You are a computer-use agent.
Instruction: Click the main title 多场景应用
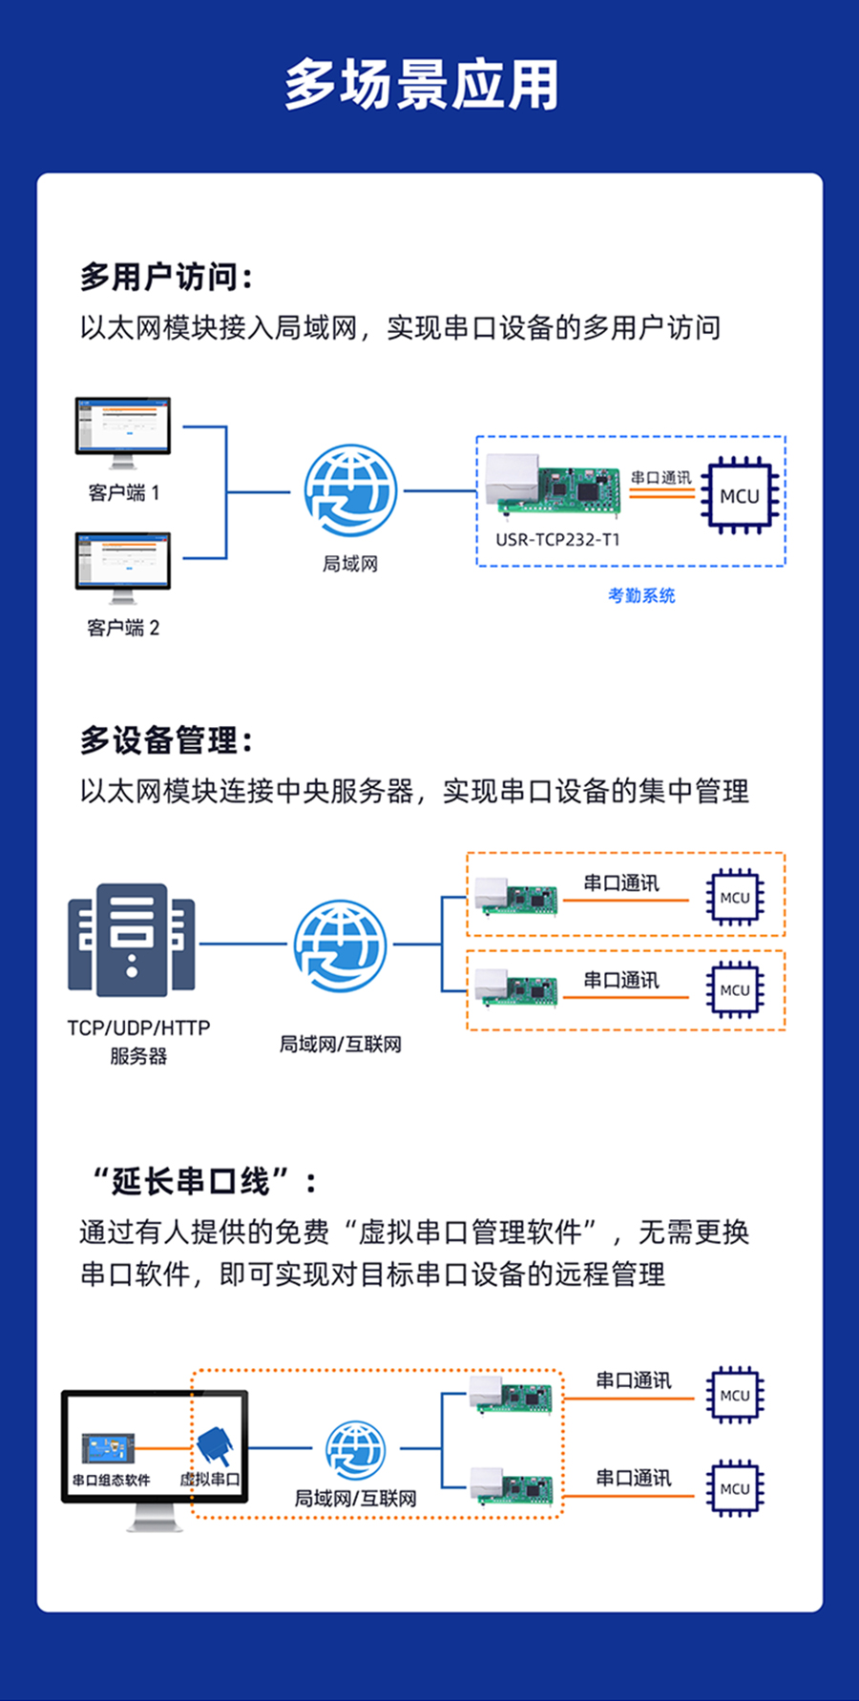point(421,85)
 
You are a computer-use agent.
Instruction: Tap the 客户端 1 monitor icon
point(123,429)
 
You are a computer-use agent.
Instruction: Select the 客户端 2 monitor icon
point(123,565)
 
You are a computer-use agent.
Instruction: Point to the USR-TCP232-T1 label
point(557,540)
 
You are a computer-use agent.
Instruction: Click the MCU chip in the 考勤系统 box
point(740,495)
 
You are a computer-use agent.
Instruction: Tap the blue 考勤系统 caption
point(641,596)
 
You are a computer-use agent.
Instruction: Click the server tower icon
point(132,939)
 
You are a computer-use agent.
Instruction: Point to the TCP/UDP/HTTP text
point(138,1028)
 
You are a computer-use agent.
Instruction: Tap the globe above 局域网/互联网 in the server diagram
point(340,946)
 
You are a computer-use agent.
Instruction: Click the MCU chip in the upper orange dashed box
point(735,897)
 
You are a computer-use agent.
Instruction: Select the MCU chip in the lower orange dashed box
point(735,989)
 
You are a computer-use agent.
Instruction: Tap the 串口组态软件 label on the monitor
point(111,1481)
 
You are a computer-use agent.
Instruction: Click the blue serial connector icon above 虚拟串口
point(215,1446)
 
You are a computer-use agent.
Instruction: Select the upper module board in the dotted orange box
point(511,1395)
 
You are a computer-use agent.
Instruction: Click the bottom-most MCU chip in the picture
point(735,1488)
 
